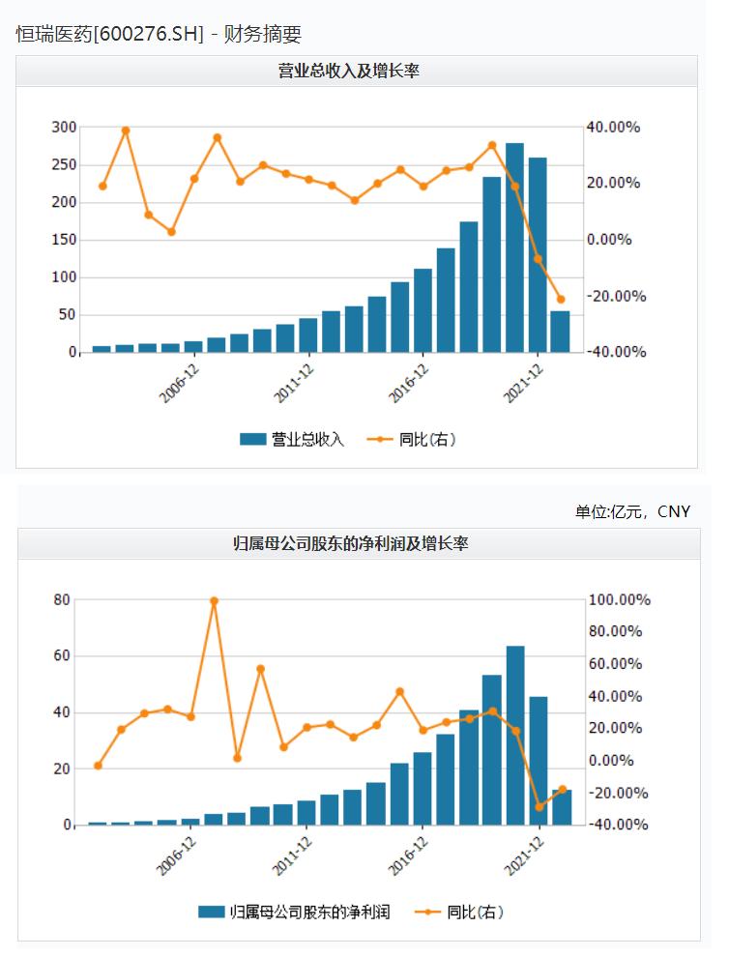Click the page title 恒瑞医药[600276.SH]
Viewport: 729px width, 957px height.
point(110,34)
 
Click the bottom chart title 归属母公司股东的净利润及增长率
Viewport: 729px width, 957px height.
point(358,544)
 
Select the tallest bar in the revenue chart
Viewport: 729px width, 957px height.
point(514,247)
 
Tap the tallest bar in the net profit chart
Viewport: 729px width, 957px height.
point(515,735)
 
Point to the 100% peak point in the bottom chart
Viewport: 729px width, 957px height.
point(214,600)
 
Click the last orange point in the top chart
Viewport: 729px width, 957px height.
point(560,300)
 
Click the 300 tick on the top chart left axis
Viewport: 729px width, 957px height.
point(64,128)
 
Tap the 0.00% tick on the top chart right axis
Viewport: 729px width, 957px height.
point(616,240)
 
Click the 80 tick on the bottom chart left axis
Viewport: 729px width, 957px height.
point(62,600)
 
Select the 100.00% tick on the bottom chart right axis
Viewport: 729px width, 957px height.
point(619,600)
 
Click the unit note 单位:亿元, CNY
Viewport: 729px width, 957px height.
point(632,511)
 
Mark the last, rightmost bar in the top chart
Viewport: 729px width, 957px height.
point(560,332)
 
